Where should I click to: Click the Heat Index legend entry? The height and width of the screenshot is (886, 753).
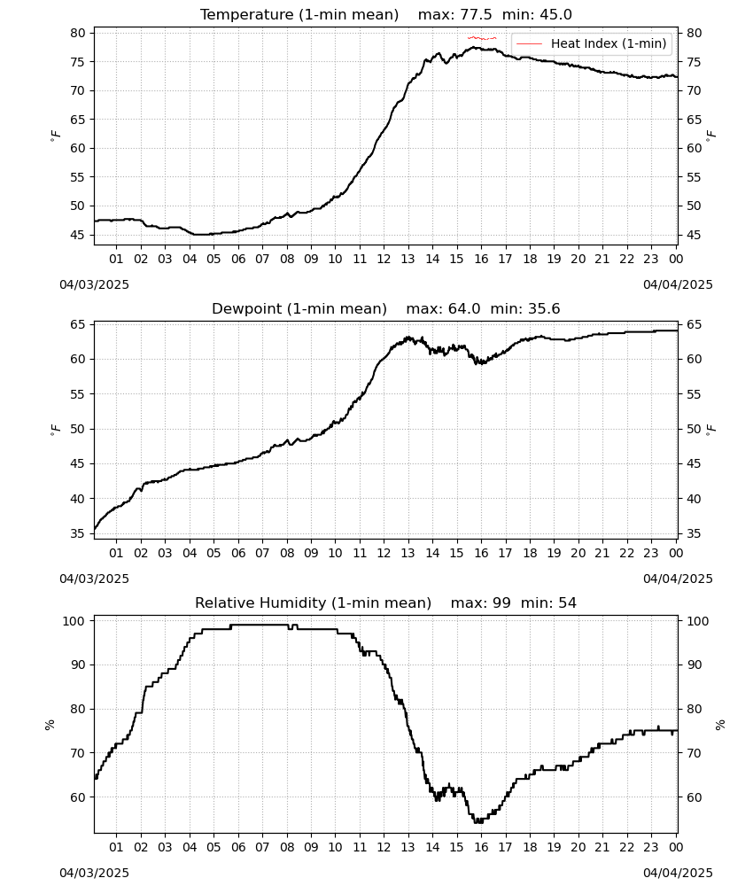point(592,43)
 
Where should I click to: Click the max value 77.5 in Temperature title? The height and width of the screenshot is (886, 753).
point(476,15)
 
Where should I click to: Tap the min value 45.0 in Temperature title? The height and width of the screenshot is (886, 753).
point(555,15)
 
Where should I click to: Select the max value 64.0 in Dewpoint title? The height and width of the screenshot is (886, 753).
point(464,309)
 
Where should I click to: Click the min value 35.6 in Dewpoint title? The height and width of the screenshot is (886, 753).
point(544,309)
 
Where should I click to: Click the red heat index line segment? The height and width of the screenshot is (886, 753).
point(482,38)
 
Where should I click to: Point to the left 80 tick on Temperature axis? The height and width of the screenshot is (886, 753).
point(78,33)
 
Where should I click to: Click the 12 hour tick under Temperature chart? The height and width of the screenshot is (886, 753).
point(384,259)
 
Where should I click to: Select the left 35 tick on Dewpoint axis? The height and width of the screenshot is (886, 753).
point(78,533)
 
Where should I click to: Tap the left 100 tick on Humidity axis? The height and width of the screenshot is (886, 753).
point(74,621)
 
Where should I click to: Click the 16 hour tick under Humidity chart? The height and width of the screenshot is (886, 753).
point(481,847)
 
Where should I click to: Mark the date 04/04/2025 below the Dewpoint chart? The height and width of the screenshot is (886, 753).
point(678,579)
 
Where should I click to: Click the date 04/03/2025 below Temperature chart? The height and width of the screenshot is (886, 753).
point(94,284)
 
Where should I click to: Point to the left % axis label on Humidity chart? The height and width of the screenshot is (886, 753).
point(50,725)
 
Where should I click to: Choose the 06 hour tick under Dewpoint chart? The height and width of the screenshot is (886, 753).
point(238,553)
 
